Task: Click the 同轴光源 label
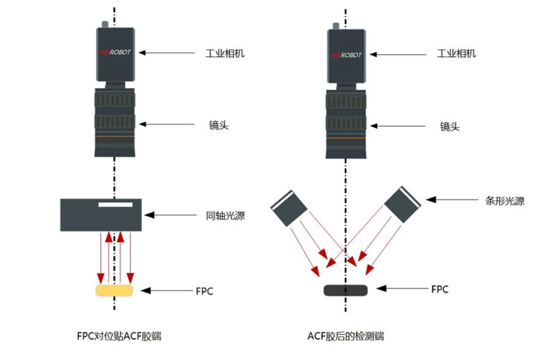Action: (x=225, y=216)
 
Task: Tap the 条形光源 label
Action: (x=504, y=201)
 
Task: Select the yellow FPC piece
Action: (x=115, y=290)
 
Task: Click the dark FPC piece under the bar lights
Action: (x=345, y=290)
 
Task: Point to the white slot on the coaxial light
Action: (x=115, y=205)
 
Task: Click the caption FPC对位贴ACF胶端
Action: (x=119, y=336)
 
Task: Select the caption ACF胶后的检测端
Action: (x=346, y=336)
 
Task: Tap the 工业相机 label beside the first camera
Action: (x=225, y=54)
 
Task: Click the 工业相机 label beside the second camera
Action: (x=456, y=54)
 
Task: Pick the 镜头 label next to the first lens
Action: (x=219, y=125)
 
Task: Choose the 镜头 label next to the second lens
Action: (x=450, y=126)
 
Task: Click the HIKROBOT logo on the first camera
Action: (x=115, y=53)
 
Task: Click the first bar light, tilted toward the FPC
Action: (x=288, y=207)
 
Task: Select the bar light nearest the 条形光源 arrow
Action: (x=403, y=205)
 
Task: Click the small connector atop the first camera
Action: (x=104, y=23)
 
